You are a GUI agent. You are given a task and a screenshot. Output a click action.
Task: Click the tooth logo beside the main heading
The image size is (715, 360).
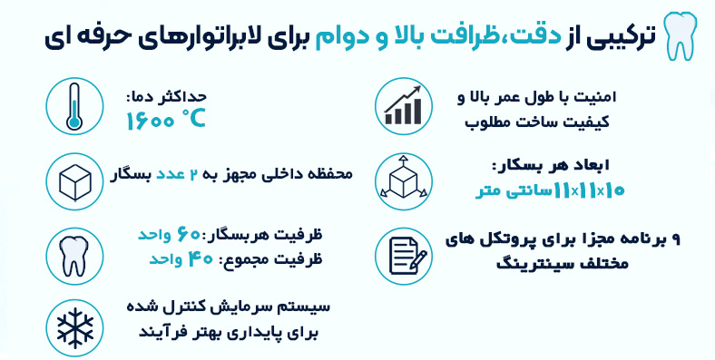680,35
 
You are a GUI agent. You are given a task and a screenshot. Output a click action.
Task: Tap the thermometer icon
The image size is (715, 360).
74,106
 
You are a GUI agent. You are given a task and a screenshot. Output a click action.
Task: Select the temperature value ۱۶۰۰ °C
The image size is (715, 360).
165,120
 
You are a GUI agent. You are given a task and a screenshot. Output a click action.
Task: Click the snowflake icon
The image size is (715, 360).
74,327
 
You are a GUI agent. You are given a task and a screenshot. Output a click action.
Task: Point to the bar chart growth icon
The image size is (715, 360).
403,106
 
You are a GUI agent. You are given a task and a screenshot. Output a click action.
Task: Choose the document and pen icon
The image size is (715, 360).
403,256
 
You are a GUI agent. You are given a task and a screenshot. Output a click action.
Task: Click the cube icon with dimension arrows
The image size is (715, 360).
403,181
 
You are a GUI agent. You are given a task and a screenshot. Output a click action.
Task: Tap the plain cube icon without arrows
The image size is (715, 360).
74,182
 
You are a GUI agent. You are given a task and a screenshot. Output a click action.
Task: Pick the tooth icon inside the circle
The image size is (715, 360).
74,256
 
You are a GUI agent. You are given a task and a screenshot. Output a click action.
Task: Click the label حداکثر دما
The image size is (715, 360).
166,97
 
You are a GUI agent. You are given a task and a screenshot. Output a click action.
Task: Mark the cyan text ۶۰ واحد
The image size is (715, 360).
169,235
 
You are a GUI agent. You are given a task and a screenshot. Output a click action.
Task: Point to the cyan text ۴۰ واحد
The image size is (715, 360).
181,259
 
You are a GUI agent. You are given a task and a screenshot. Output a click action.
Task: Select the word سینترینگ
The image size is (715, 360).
531,263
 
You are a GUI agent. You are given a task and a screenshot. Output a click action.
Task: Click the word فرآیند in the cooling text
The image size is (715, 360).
162,332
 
